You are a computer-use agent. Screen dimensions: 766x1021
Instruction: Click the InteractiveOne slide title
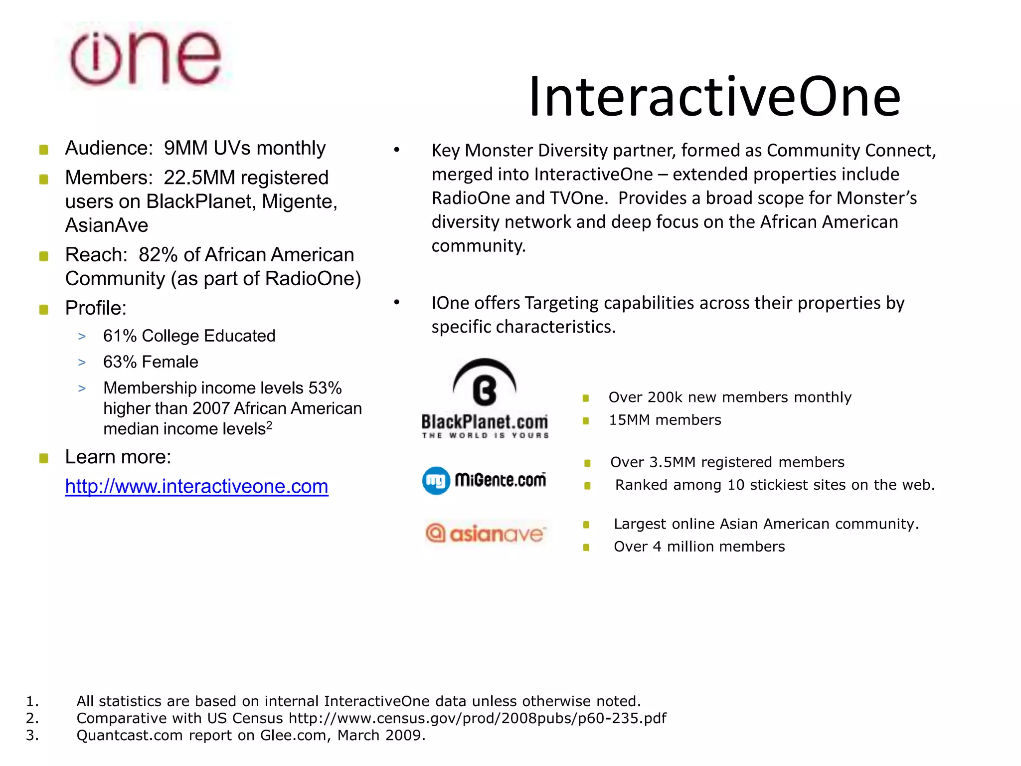click(x=714, y=97)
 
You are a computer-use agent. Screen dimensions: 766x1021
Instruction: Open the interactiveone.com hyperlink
click(x=196, y=486)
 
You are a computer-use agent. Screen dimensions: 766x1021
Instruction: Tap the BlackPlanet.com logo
click(x=485, y=399)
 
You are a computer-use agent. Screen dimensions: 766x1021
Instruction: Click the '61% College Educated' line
click(x=189, y=336)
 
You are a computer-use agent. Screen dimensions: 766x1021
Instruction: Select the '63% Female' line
click(x=151, y=362)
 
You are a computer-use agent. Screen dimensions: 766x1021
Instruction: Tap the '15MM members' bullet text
click(x=665, y=420)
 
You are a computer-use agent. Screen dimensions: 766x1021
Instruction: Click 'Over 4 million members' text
click(x=699, y=547)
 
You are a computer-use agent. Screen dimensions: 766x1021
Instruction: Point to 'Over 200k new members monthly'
click(x=730, y=397)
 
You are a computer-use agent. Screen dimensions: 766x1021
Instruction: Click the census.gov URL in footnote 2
click(x=477, y=718)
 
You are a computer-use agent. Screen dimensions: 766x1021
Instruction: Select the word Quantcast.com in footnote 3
click(x=129, y=735)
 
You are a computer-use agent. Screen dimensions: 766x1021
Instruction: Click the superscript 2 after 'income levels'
click(x=269, y=425)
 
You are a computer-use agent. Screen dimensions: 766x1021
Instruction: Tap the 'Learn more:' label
click(x=118, y=457)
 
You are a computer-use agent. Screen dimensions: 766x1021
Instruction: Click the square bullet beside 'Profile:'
click(x=44, y=309)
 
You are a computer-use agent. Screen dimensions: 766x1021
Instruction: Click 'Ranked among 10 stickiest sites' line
click(x=775, y=485)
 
